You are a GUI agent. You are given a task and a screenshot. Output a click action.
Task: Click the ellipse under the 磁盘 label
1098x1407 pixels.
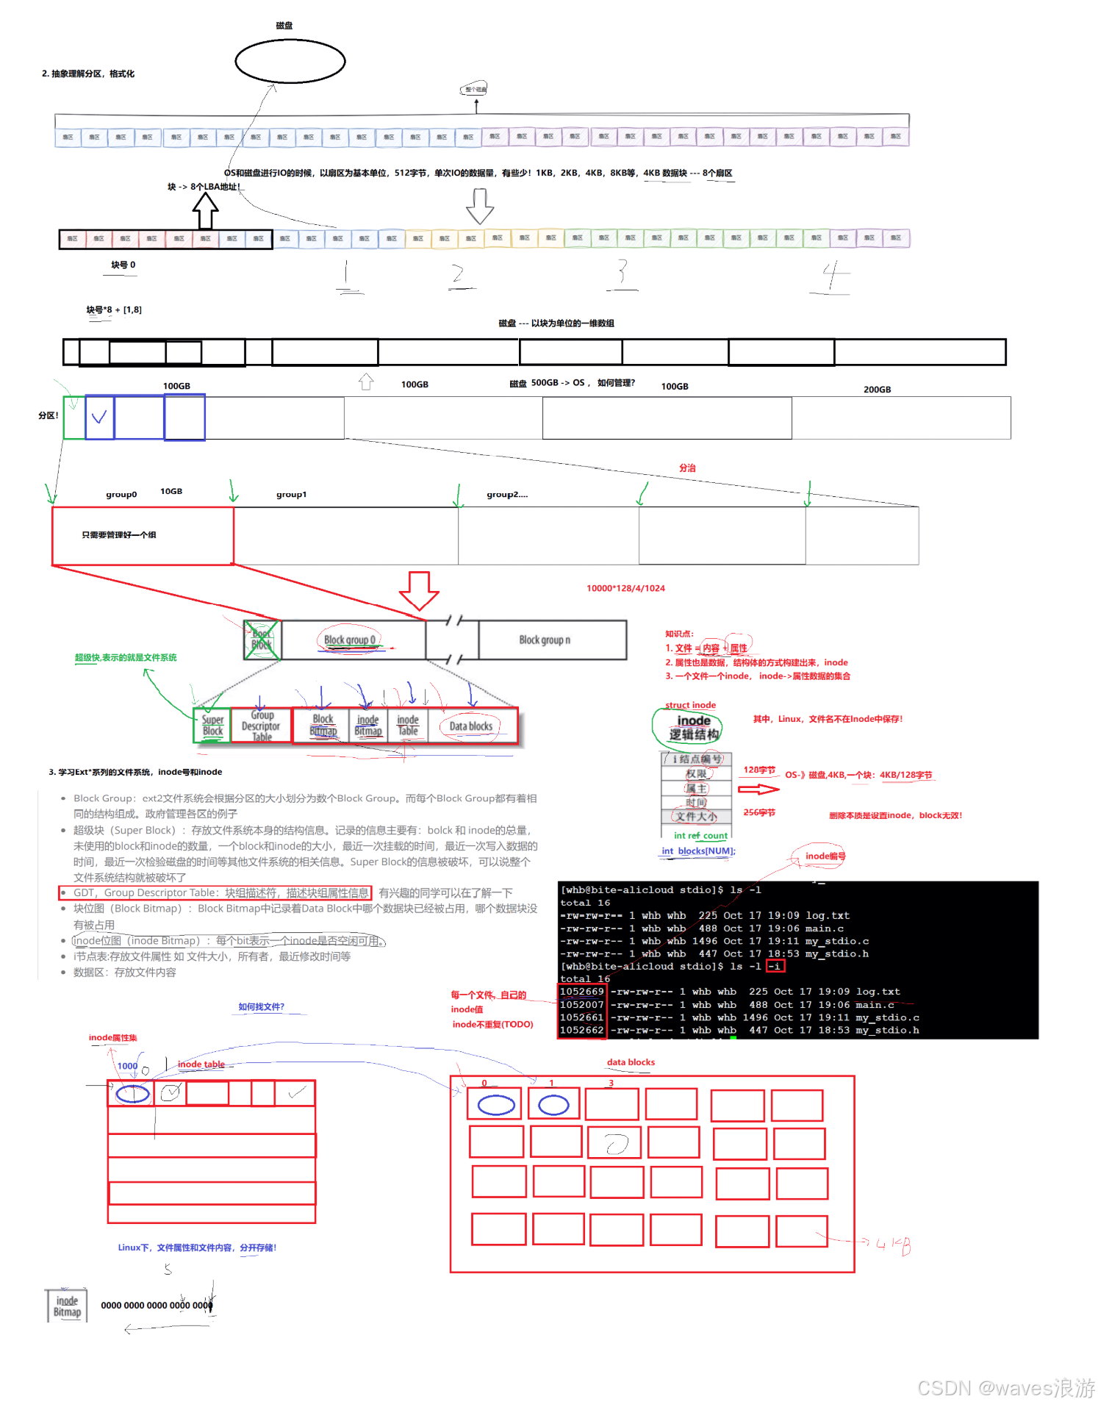click(x=290, y=61)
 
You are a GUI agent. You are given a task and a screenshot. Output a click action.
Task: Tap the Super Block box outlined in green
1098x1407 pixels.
click(x=212, y=726)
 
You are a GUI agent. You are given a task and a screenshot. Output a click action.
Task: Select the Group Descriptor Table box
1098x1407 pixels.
click(x=261, y=726)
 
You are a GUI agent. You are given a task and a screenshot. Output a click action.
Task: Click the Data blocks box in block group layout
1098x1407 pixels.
click(x=471, y=726)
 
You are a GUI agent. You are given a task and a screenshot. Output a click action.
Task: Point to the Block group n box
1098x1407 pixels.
click(x=545, y=640)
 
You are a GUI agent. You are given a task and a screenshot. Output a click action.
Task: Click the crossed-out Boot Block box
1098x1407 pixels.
click(x=262, y=640)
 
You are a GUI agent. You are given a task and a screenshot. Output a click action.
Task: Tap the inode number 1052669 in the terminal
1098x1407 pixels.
click(x=581, y=992)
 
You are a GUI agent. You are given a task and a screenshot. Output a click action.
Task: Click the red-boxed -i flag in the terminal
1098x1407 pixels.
click(x=775, y=966)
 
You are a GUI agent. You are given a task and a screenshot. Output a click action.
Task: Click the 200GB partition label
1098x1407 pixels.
click(x=877, y=390)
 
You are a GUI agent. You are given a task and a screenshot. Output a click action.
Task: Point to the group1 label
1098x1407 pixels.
click(x=291, y=495)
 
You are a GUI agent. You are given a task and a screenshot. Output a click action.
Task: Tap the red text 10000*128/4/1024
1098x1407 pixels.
click(x=625, y=588)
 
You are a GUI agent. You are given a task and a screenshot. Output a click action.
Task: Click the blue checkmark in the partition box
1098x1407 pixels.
click(x=99, y=418)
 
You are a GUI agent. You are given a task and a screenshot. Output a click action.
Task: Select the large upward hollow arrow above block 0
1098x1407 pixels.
click(x=205, y=211)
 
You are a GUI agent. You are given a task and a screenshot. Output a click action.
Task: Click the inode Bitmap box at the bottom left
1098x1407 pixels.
click(x=67, y=1306)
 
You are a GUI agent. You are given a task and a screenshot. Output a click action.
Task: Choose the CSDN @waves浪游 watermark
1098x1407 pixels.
click(x=1006, y=1387)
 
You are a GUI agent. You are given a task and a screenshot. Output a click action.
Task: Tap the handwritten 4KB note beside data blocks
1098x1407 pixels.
click(x=893, y=1245)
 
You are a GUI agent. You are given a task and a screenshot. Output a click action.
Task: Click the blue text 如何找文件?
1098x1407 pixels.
click(x=261, y=1006)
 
